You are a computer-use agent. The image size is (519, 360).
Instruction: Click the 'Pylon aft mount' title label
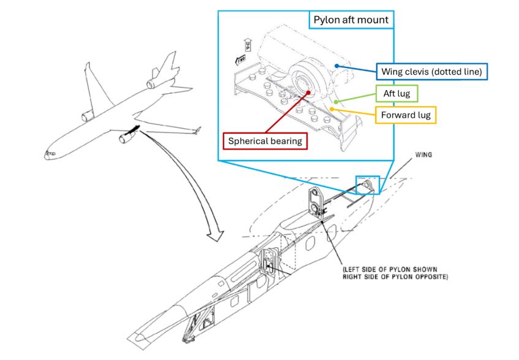tap(351, 20)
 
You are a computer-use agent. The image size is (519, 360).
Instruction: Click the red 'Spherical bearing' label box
tap(265, 140)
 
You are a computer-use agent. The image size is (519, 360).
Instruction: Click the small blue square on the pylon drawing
tap(368, 185)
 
